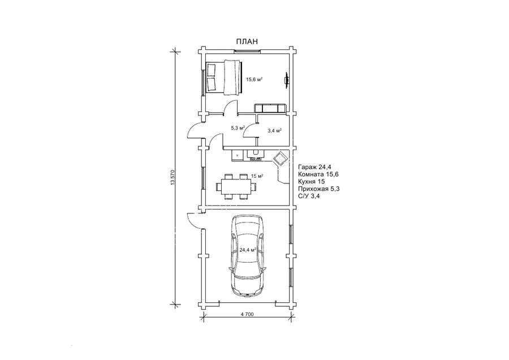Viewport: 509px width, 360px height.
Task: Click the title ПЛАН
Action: pyautogui.click(x=247, y=41)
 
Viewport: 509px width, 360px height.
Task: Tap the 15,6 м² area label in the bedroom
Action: pyautogui.click(x=254, y=79)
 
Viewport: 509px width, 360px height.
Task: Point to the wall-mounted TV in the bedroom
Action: pyautogui.click(x=287, y=80)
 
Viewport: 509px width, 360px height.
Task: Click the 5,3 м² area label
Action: pyautogui.click(x=238, y=128)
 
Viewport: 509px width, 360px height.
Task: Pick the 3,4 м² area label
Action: pyautogui.click(x=274, y=131)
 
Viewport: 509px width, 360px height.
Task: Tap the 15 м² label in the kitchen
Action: pyautogui.click(x=257, y=176)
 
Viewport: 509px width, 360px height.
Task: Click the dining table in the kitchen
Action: pyautogui.click(x=236, y=186)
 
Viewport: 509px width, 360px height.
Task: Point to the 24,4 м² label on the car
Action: pyautogui.click(x=248, y=250)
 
